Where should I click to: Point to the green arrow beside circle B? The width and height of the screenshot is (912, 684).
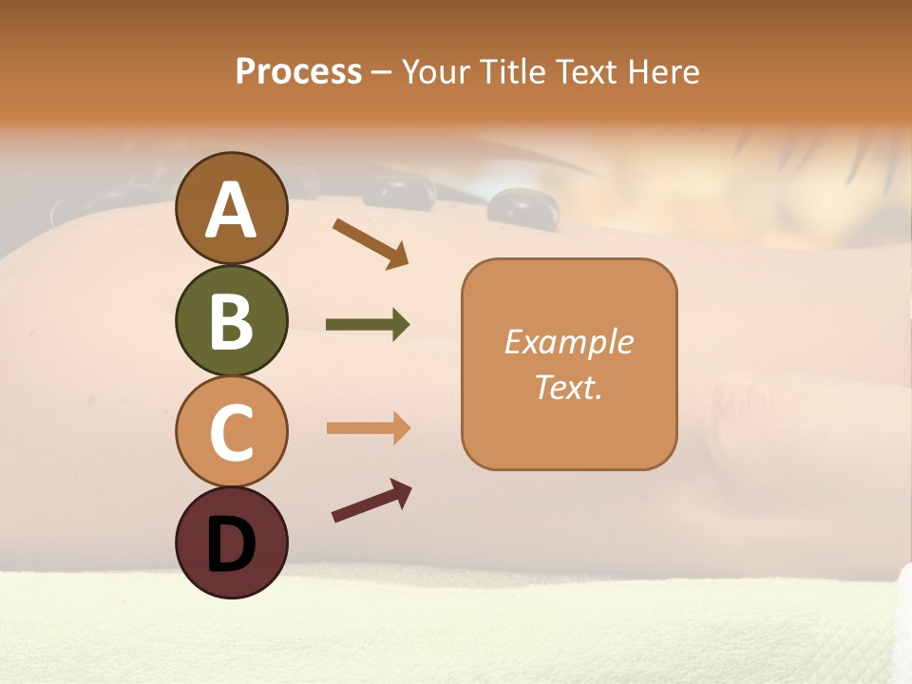pyautogui.click(x=368, y=325)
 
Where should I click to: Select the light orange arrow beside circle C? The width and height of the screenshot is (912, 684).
pyautogui.click(x=368, y=428)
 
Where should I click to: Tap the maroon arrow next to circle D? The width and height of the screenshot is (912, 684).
pyautogui.click(x=371, y=500)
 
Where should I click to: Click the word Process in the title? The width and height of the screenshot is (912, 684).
pyautogui.click(x=298, y=72)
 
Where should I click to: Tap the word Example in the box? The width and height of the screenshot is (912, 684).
pyautogui.click(x=568, y=342)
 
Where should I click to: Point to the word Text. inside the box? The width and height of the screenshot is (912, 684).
pyautogui.click(x=568, y=387)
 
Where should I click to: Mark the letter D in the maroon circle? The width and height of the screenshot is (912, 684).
pyautogui.click(x=231, y=545)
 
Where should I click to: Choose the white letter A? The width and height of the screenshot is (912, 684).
pyautogui.click(x=231, y=210)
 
